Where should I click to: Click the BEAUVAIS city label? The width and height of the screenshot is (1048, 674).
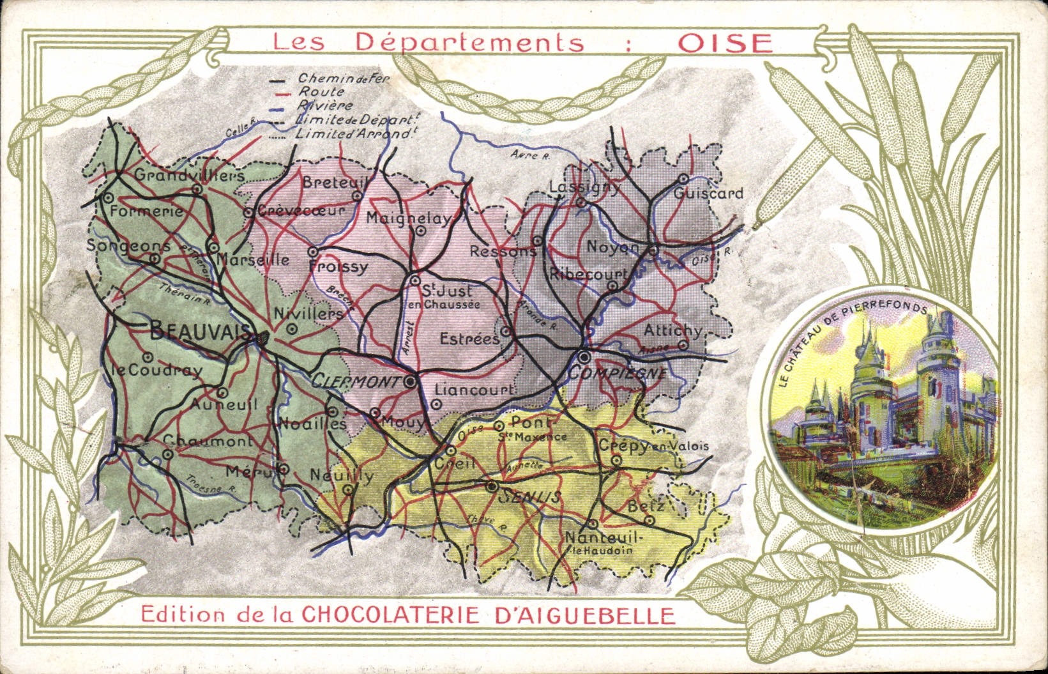point(199,331)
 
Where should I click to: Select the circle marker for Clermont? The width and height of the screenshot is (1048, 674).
point(411,381)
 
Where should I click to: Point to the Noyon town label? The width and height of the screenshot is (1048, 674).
point(612,248)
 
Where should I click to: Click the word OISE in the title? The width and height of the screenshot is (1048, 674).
point(725,43)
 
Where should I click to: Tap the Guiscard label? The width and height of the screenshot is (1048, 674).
point(708,193)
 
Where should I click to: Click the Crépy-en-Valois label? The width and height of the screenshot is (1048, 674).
point(653,447)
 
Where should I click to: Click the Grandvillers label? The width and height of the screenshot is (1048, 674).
point(189,174)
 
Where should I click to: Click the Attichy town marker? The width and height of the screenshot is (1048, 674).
point(683,345)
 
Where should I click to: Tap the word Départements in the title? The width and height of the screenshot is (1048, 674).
point(469,42)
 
